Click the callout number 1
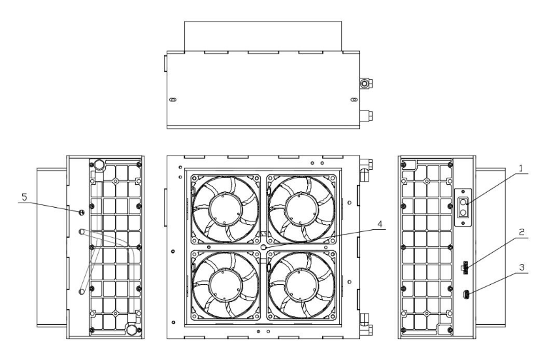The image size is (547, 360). (x=521, y=169)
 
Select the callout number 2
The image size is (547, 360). (x=522, y=233)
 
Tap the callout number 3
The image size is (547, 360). (x=522, y=268)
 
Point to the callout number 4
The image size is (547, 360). (x=380, y=224)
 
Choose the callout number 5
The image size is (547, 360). (x=24, y=197)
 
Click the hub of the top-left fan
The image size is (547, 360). (x=225, y=209)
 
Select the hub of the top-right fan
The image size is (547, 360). (x=301, y=209)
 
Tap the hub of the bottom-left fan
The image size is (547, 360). (x=225, y=285)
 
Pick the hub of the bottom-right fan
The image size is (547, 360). (x=301, y=285)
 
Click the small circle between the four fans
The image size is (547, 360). (x=263, y=247)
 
